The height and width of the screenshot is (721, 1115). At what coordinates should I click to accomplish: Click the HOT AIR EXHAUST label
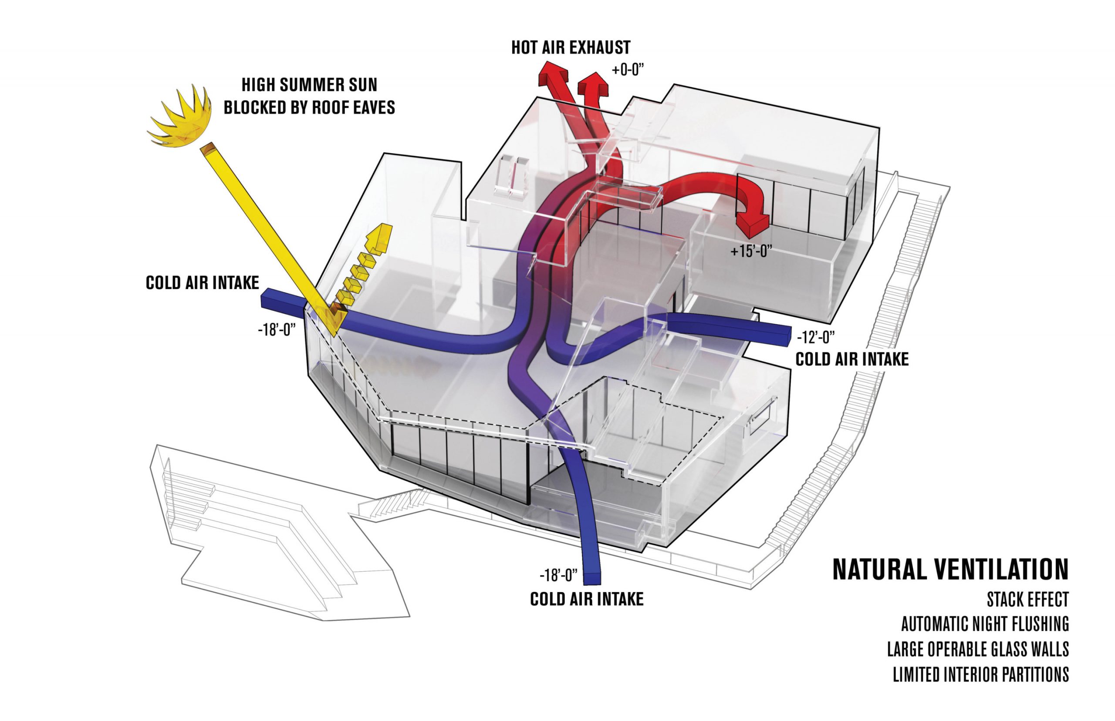570,48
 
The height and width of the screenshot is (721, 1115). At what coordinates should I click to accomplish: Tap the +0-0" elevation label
628,70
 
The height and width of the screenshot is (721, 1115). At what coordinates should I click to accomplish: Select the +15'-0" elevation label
751,252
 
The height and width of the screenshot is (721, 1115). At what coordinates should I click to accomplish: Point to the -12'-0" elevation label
816,337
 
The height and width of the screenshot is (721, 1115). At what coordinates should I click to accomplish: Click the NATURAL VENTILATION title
950,570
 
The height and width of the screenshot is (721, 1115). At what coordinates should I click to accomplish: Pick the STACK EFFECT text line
1027,600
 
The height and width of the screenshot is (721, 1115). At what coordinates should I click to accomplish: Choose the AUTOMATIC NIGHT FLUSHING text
985,624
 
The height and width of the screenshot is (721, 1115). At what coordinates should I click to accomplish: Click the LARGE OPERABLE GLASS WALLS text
978,649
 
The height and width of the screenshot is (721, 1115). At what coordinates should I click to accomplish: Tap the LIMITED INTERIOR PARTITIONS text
980,674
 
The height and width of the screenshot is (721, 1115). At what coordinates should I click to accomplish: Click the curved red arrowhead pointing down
752,225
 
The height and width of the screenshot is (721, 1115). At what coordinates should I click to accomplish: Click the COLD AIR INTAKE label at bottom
587,599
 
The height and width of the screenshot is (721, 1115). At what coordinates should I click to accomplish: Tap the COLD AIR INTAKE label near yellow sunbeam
203,283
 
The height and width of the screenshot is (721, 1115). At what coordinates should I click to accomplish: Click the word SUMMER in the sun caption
309,85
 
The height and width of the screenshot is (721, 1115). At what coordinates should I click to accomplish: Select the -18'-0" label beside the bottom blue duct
558,575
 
